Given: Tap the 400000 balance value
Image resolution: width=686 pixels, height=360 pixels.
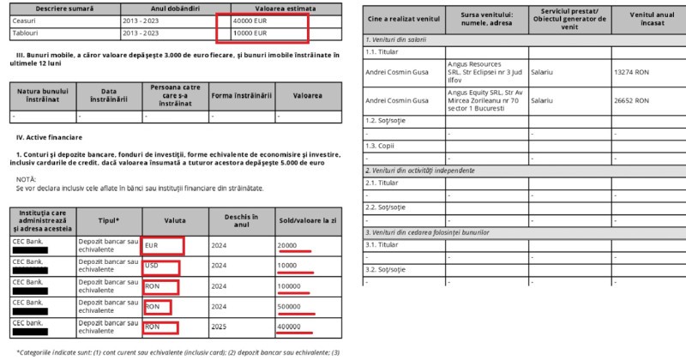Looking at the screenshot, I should click(295, 326).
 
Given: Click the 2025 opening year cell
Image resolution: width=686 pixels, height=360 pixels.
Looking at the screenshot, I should click(221, 326).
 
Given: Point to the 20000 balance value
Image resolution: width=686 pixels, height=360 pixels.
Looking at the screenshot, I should click(289, 246).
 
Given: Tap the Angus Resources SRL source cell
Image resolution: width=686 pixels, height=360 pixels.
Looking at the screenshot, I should click(484, 72).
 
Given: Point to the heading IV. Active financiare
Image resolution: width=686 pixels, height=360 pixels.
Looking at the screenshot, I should click(49, 137).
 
